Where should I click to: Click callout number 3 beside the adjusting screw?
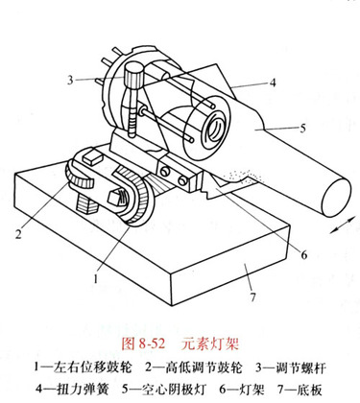point(70,80)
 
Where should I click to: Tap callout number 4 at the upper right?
point(273,83)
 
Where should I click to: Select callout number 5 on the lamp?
point(302,128)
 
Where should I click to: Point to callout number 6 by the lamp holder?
point(303,254)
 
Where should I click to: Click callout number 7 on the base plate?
point(253,297)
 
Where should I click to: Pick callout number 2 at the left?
point(18,234)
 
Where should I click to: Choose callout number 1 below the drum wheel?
point(95,278)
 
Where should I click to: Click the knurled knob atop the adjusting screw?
point(134,75)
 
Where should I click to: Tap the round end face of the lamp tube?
point(336,198)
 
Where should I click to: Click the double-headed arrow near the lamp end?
point(343,225)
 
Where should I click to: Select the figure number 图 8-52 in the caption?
point(143,344)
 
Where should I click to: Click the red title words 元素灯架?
point(209,344)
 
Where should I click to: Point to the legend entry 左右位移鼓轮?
point(93,367)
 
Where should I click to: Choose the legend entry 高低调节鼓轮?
point(204,367)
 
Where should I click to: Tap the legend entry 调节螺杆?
point(300,367)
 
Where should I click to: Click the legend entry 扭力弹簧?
point(84,390)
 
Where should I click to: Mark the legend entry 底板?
point(309,390)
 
